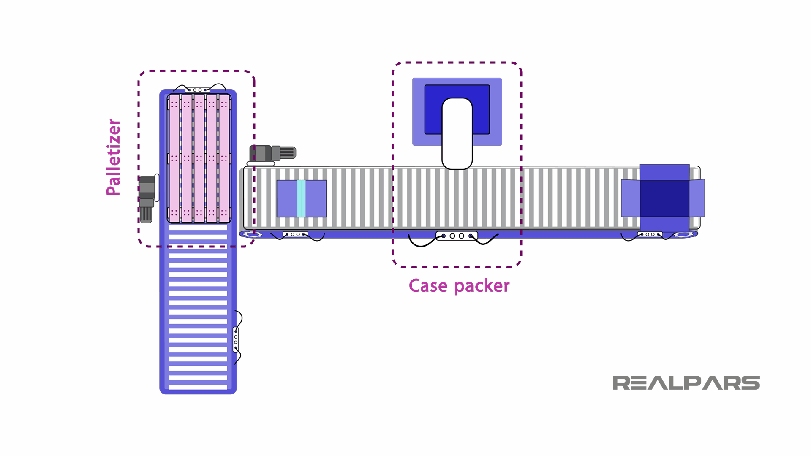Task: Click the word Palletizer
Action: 113,157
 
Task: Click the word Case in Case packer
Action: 428,286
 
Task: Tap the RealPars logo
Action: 686,383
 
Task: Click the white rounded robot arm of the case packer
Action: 457,133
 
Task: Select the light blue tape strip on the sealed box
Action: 301,198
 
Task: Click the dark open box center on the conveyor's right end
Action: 664,198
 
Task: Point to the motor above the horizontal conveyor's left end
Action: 272,153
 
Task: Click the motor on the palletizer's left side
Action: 147,198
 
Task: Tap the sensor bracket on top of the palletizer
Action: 197,90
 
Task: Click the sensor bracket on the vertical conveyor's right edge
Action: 236,339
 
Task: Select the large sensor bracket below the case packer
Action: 457,236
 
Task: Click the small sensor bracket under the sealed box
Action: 295,234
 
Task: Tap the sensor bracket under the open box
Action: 650,234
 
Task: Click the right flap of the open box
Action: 697,198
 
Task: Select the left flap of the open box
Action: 630,198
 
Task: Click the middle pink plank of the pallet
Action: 199,158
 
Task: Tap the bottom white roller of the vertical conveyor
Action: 198,386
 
